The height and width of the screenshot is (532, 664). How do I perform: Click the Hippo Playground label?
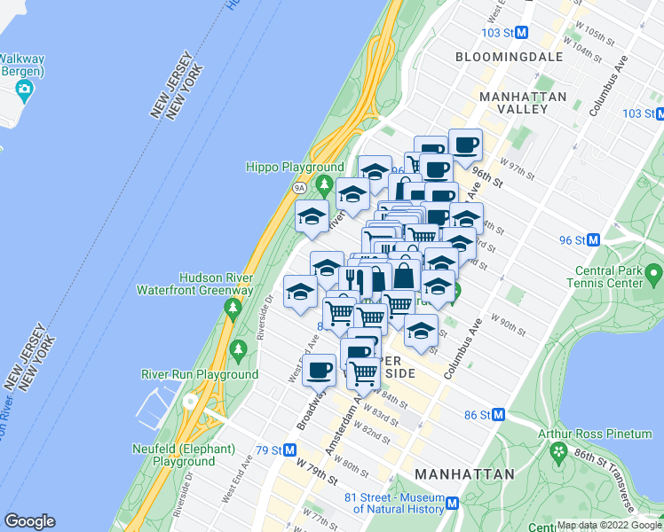click(295, 167)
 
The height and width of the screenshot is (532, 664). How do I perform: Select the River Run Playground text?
click(200, 374)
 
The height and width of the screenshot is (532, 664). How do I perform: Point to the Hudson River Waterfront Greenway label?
click(194, 283)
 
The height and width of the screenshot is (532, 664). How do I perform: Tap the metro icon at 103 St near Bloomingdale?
click(522, 33)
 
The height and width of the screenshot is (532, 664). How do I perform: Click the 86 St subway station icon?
click(499, 415)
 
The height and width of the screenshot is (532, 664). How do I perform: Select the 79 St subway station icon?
click(289, 450)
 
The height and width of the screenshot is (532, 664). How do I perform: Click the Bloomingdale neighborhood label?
click(509, 57)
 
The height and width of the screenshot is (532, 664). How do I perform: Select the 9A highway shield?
click(300, 188)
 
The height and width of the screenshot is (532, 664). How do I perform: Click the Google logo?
click(29, 521)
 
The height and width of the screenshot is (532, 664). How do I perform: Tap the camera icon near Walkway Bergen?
click(24, 89)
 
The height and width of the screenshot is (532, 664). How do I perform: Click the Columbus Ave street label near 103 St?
click(609, 86)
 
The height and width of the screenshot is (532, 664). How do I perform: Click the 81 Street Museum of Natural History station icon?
click(452, 503)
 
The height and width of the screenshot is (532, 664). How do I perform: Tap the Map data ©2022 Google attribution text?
click(609, 525)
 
